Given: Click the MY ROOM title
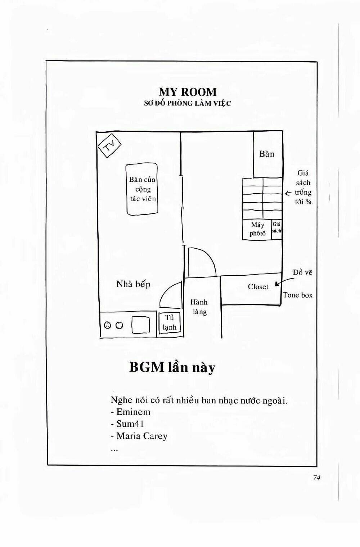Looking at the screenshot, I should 188,92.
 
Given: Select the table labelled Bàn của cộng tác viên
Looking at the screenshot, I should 142,189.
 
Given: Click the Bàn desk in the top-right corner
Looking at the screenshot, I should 267,154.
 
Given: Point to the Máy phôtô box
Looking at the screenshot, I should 257,229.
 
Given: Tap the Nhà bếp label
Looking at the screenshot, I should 133,284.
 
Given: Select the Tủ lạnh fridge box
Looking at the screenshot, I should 170,322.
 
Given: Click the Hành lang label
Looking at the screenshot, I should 199,307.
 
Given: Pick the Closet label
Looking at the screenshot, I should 258,287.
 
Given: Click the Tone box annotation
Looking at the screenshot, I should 298,295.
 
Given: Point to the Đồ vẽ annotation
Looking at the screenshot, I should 302,272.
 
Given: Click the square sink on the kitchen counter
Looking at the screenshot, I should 141,325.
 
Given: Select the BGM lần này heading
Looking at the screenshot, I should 172,367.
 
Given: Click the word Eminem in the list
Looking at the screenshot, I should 133,412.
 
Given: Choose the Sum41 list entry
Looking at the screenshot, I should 130,424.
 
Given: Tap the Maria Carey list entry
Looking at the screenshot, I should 142,436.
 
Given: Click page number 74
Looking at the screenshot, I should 316,478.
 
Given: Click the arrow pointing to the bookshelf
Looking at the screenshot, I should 288,193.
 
